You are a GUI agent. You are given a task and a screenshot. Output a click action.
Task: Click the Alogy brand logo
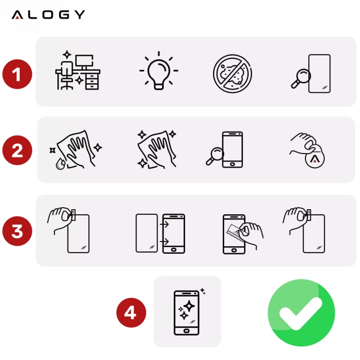tap(48, 15)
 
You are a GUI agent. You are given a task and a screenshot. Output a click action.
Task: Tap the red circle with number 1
tap(18, 74)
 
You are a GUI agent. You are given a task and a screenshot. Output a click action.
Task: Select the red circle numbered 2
tap(18, 150)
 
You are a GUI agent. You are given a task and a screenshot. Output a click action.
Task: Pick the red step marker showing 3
tap(18, 231)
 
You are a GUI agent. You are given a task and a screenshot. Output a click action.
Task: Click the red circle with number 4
tap(130, 312)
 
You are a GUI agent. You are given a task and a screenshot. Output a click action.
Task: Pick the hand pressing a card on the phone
tap(240, 233)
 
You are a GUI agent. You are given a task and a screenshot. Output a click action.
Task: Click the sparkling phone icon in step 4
tap(187, 312)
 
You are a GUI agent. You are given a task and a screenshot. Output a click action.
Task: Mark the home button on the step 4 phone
tap(187, 330)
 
